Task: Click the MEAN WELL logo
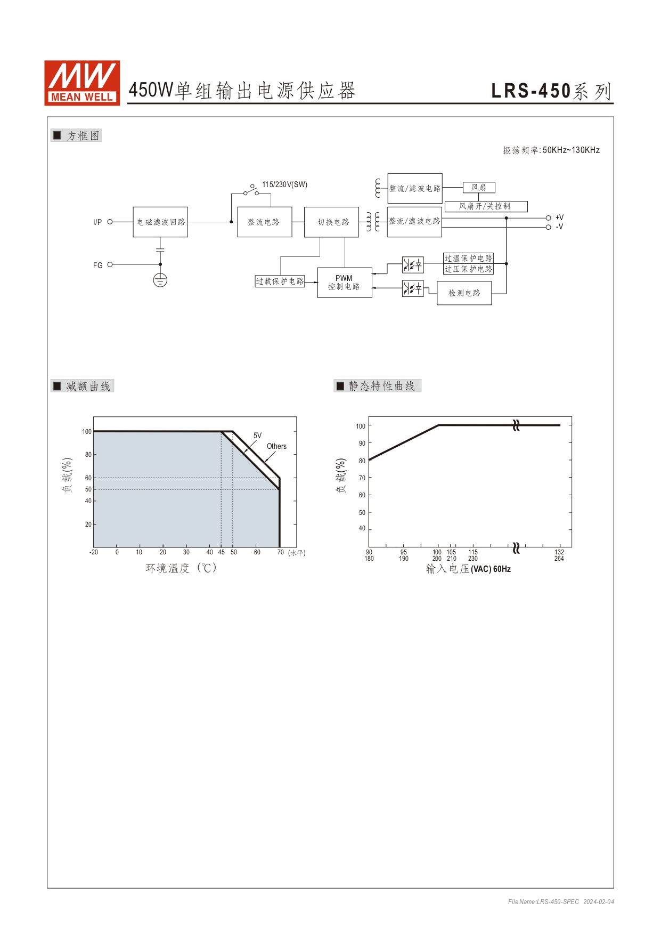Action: [x=82, y=83]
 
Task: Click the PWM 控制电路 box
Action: [x=345, y=283]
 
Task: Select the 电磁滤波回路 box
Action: [x=160, y=222]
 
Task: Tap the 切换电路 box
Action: [x=331, y=222]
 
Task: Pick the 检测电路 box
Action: [x=464, y=293]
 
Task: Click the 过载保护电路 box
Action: [x=280, y=281]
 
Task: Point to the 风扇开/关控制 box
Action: [x=486, y=206]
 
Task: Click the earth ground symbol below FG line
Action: [x=160, y=280]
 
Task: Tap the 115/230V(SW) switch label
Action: [x=284, y=184]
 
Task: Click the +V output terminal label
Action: [x=559, y=217]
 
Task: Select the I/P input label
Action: [x=97, y=222]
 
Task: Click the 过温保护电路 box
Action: [x=468, y=258]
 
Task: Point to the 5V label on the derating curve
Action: [x=257, y=436]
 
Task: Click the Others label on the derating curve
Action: [x=276, y=446]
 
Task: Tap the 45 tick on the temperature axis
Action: [x=222, y=552]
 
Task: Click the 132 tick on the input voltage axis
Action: [x=559, y=552]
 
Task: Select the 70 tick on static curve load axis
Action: [x=362, y=478]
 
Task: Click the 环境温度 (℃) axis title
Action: [x=181, y=568]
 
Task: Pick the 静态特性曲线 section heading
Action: [x=381, y=386]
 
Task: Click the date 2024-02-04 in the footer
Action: [x=599, y=902]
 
